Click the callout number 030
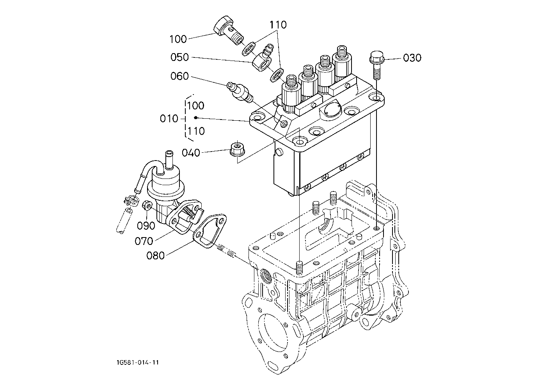point(412,58)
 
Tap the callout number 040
point(191,153)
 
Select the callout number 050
point(179,57)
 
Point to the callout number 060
point(179,76)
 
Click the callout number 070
point(144,241)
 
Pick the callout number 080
point(155,255)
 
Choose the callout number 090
point(146,225)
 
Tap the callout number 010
point(169,119)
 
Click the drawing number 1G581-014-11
point(138,362)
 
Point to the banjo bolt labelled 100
point(228,30)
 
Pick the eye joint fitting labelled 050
point(263,58)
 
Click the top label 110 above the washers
point(278,25)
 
